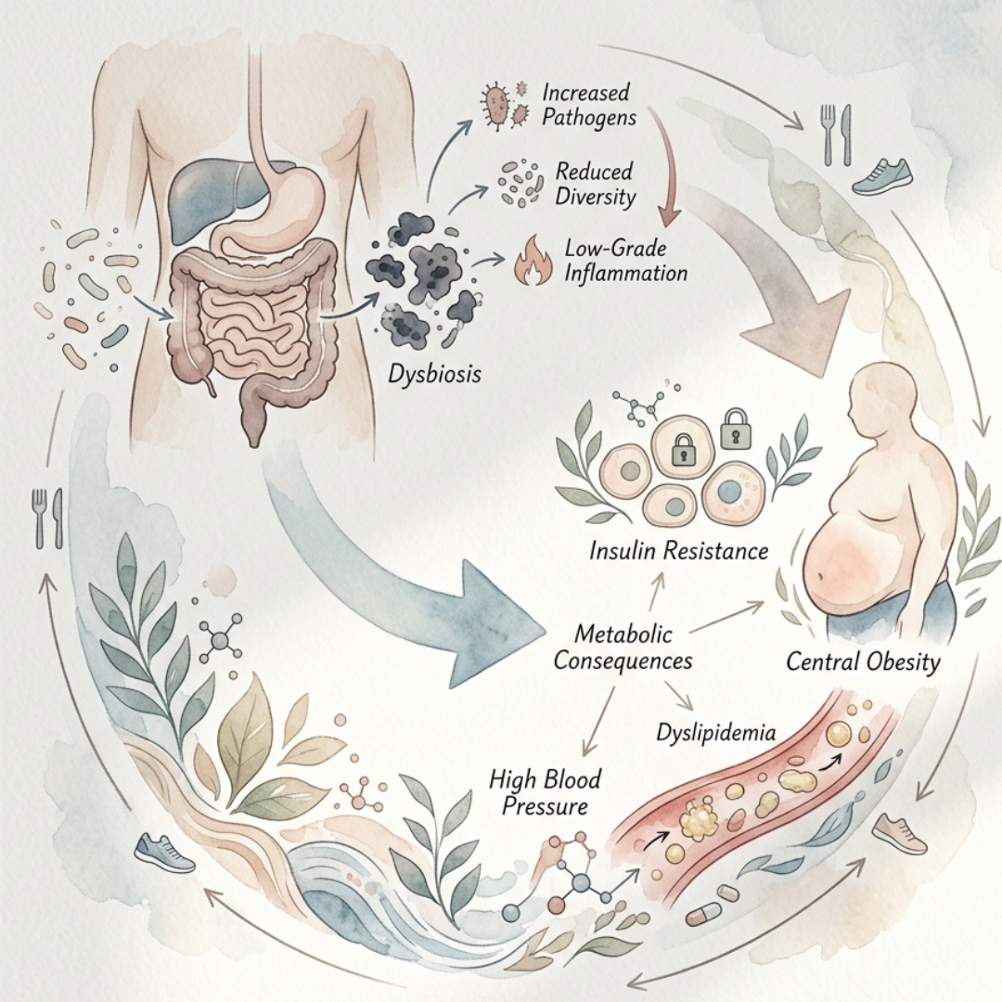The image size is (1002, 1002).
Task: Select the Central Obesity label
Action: pos(863,662)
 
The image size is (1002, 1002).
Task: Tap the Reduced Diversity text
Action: pos(594,183)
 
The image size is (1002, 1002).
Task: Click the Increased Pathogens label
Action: pos(585,106)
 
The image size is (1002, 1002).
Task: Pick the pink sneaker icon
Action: pos(899,831)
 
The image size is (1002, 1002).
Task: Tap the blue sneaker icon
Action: pos(164,852)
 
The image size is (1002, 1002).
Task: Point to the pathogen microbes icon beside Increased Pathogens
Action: pos(499,104)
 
